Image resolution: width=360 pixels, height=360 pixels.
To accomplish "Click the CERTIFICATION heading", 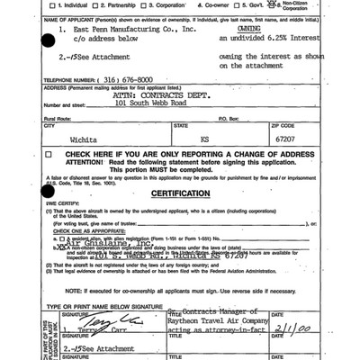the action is point(180,193).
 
